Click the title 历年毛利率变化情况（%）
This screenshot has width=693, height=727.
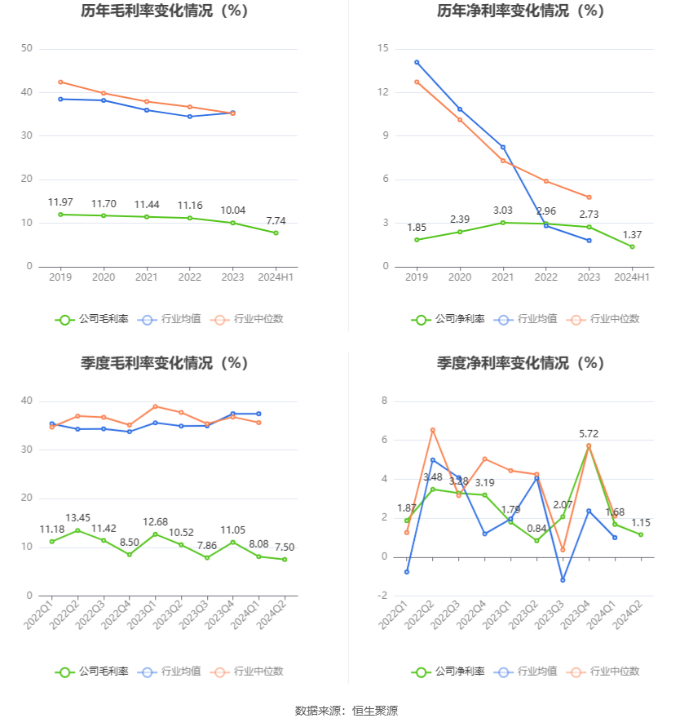164,11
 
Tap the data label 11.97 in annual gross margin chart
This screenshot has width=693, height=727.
60,202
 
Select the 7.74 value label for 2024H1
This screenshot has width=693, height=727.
276,221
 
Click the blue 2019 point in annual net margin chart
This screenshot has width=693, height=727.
417,62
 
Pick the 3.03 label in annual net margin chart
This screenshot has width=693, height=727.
503,211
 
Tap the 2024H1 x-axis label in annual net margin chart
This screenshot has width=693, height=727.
632,277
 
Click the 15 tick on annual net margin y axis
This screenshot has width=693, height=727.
382,49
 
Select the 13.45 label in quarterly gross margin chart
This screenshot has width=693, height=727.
77,518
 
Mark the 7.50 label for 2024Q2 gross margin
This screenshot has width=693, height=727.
285,547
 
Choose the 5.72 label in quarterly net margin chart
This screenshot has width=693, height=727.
589,433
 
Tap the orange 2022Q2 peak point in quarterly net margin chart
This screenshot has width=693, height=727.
433,430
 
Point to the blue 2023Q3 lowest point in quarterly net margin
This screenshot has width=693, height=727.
563,580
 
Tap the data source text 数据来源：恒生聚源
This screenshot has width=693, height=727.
346,711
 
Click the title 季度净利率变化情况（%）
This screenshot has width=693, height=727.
520,363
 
